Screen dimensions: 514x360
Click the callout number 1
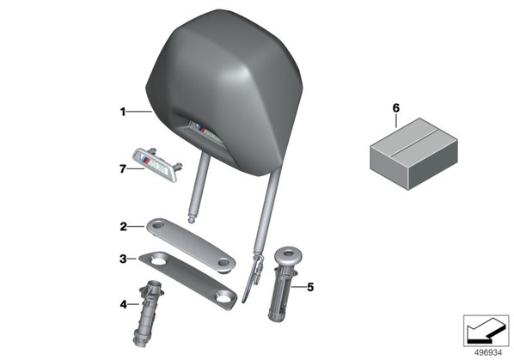(123, 112)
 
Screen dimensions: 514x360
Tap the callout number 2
(123, 226)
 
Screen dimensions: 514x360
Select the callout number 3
(123, 259)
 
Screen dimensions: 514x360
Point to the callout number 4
(123, 305)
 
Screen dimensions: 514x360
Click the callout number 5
(310, 287)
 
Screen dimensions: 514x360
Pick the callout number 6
(396, 107)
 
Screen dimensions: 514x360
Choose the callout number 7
(123, 169)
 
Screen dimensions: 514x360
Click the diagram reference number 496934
(488, 352)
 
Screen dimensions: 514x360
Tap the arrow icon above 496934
(486, 331)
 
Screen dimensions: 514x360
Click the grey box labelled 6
(413, 154)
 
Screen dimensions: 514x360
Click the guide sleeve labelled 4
(148, 314)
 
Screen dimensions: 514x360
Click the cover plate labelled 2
(191, 244)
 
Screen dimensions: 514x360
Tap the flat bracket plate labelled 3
(188, 280)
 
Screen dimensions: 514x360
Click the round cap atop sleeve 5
(288, 253)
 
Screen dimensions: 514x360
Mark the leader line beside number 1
(139, 112)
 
